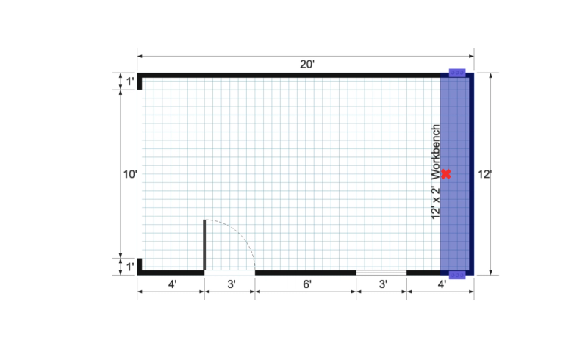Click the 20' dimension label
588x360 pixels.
coord(306,65)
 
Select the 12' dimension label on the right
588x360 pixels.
coord(484,174)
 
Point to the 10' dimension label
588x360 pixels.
coord(130,174)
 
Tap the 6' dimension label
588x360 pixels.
coord(306,284)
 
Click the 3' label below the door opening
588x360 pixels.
coord(232,284)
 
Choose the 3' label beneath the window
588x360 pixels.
coord(383,284)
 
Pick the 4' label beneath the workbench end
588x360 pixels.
coord(442,284)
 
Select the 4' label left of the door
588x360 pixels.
coord(172,284)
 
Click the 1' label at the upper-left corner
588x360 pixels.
coord(130,82)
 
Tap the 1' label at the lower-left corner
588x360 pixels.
coord(130,267)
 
